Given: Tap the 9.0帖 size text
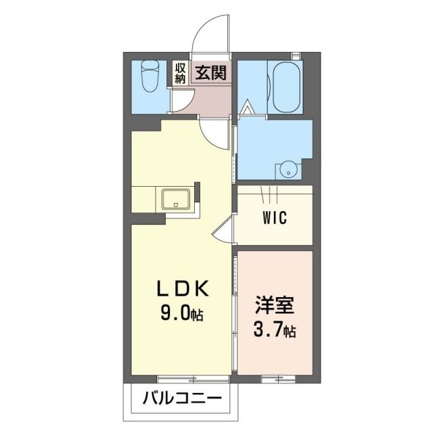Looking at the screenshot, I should click(180, 315).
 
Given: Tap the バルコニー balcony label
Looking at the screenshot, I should click(181, 398).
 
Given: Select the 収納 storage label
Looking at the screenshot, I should click(180, 72).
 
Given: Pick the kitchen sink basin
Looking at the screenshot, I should click(177, 200).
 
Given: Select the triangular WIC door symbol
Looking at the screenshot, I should click(223, 233).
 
